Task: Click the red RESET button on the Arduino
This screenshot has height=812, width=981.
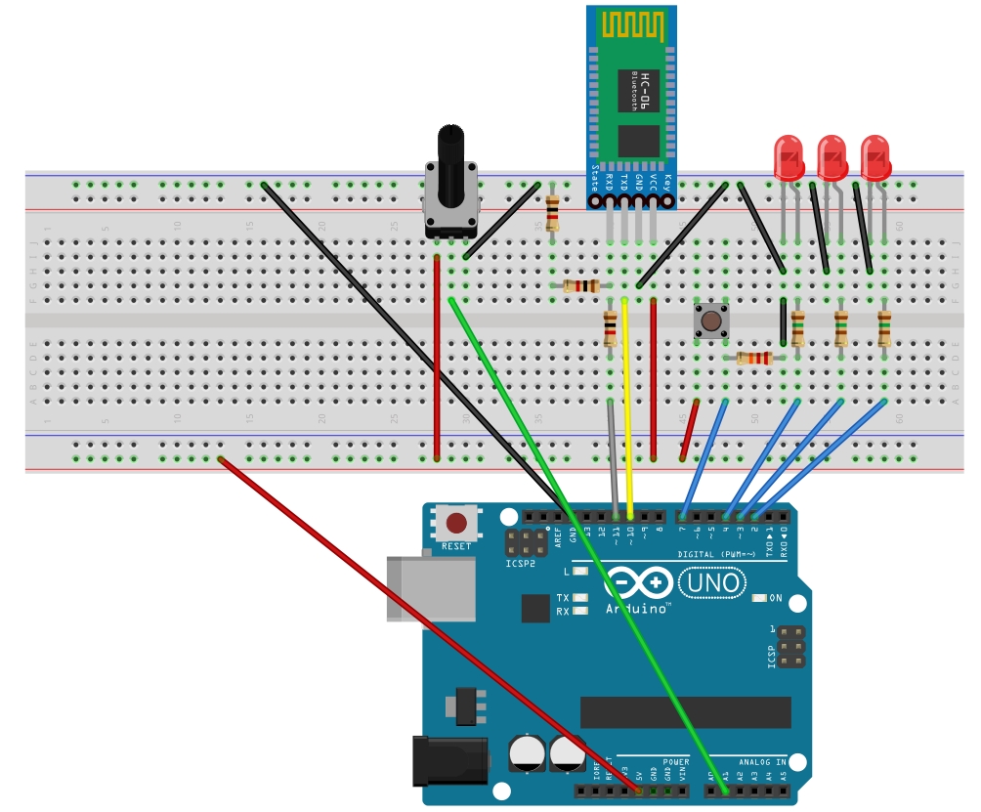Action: point(456,523)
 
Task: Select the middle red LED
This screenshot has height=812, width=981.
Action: point(832,157)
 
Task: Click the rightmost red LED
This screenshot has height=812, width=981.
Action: point(875,157)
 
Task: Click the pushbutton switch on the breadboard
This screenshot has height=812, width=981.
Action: point(710,321)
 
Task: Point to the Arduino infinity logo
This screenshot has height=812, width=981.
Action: point(640,582)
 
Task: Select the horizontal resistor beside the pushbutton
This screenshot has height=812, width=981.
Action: point(754,359)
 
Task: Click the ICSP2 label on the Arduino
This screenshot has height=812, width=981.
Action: point(521,565)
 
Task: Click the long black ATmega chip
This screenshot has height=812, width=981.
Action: point(685,712)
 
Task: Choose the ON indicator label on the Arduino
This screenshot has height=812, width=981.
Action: point(775,598)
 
